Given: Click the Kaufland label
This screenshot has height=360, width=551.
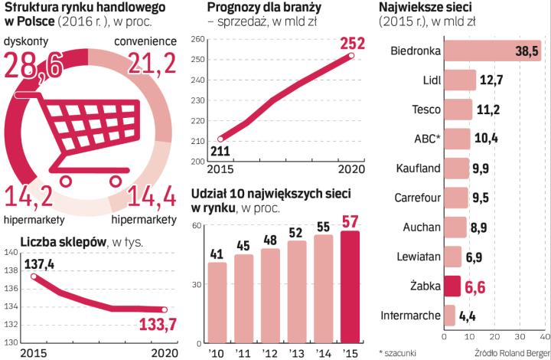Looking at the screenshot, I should tap(418, 169).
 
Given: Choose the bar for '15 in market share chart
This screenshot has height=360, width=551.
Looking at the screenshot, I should tap(349, 286).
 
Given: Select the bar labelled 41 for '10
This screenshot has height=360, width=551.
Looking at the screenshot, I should tap(217, 302).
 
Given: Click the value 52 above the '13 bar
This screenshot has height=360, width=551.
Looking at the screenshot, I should tap(296, 232).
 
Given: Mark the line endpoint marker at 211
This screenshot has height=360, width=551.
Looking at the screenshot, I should tap(220, 139).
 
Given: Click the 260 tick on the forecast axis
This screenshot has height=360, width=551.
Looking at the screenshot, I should tap(197, 40).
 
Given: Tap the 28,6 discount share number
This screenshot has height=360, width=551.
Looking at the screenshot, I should tap(34, 67).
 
